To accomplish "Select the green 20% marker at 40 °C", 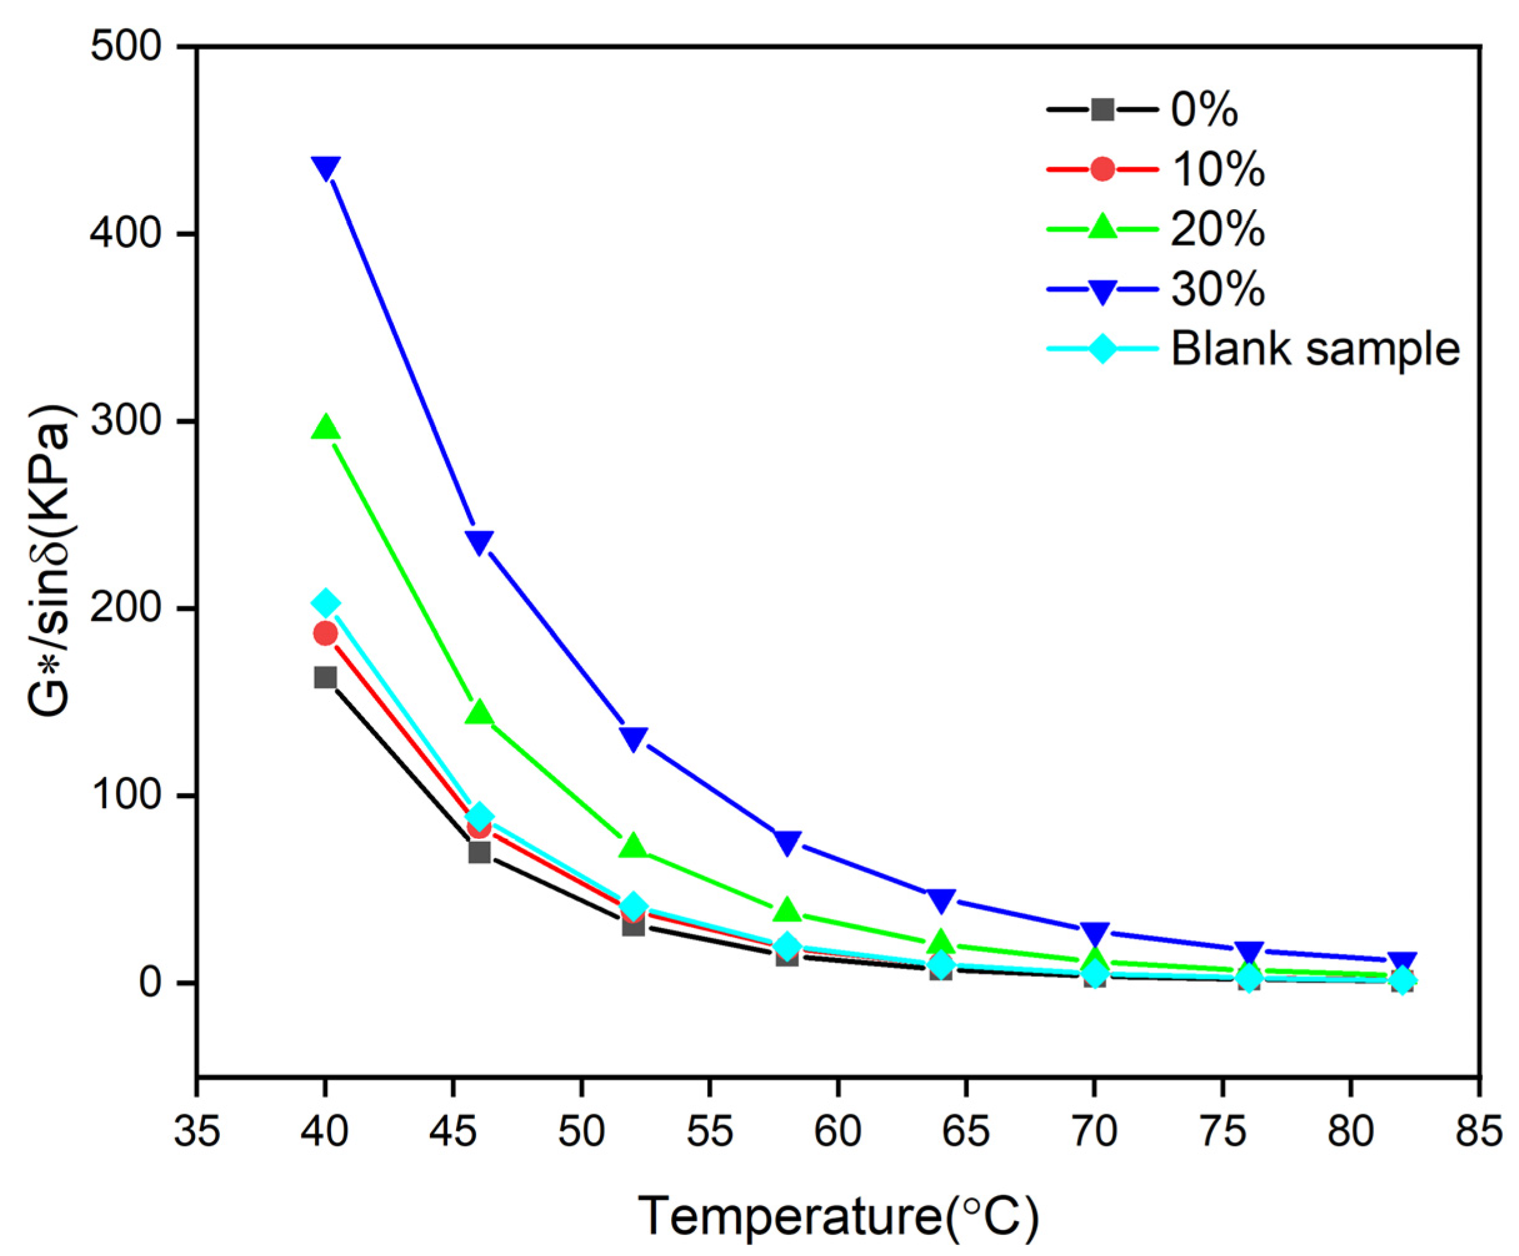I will pyautogui.click(x=325, y=428).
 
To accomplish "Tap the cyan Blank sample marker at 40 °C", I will pyautogui.click(x=325, y=602).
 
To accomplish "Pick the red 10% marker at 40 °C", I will pyautogui.click(x=325, y=633).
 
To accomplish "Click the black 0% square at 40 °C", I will pyautogui.click(x=325, y=678).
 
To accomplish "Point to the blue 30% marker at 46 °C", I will pyautogui.click(x=479, y=541).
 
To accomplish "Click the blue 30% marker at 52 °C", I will pyautogui.click(x=633, y=738).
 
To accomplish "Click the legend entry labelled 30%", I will pyautogui.click(x=1217, y=289).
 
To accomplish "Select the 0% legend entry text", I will pyautogui.click(x=1204, y=110).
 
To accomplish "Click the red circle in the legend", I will pyautogui.click(x=1102, y=169).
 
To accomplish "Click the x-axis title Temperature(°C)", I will pyautogui.click(x=838, y=1216).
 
